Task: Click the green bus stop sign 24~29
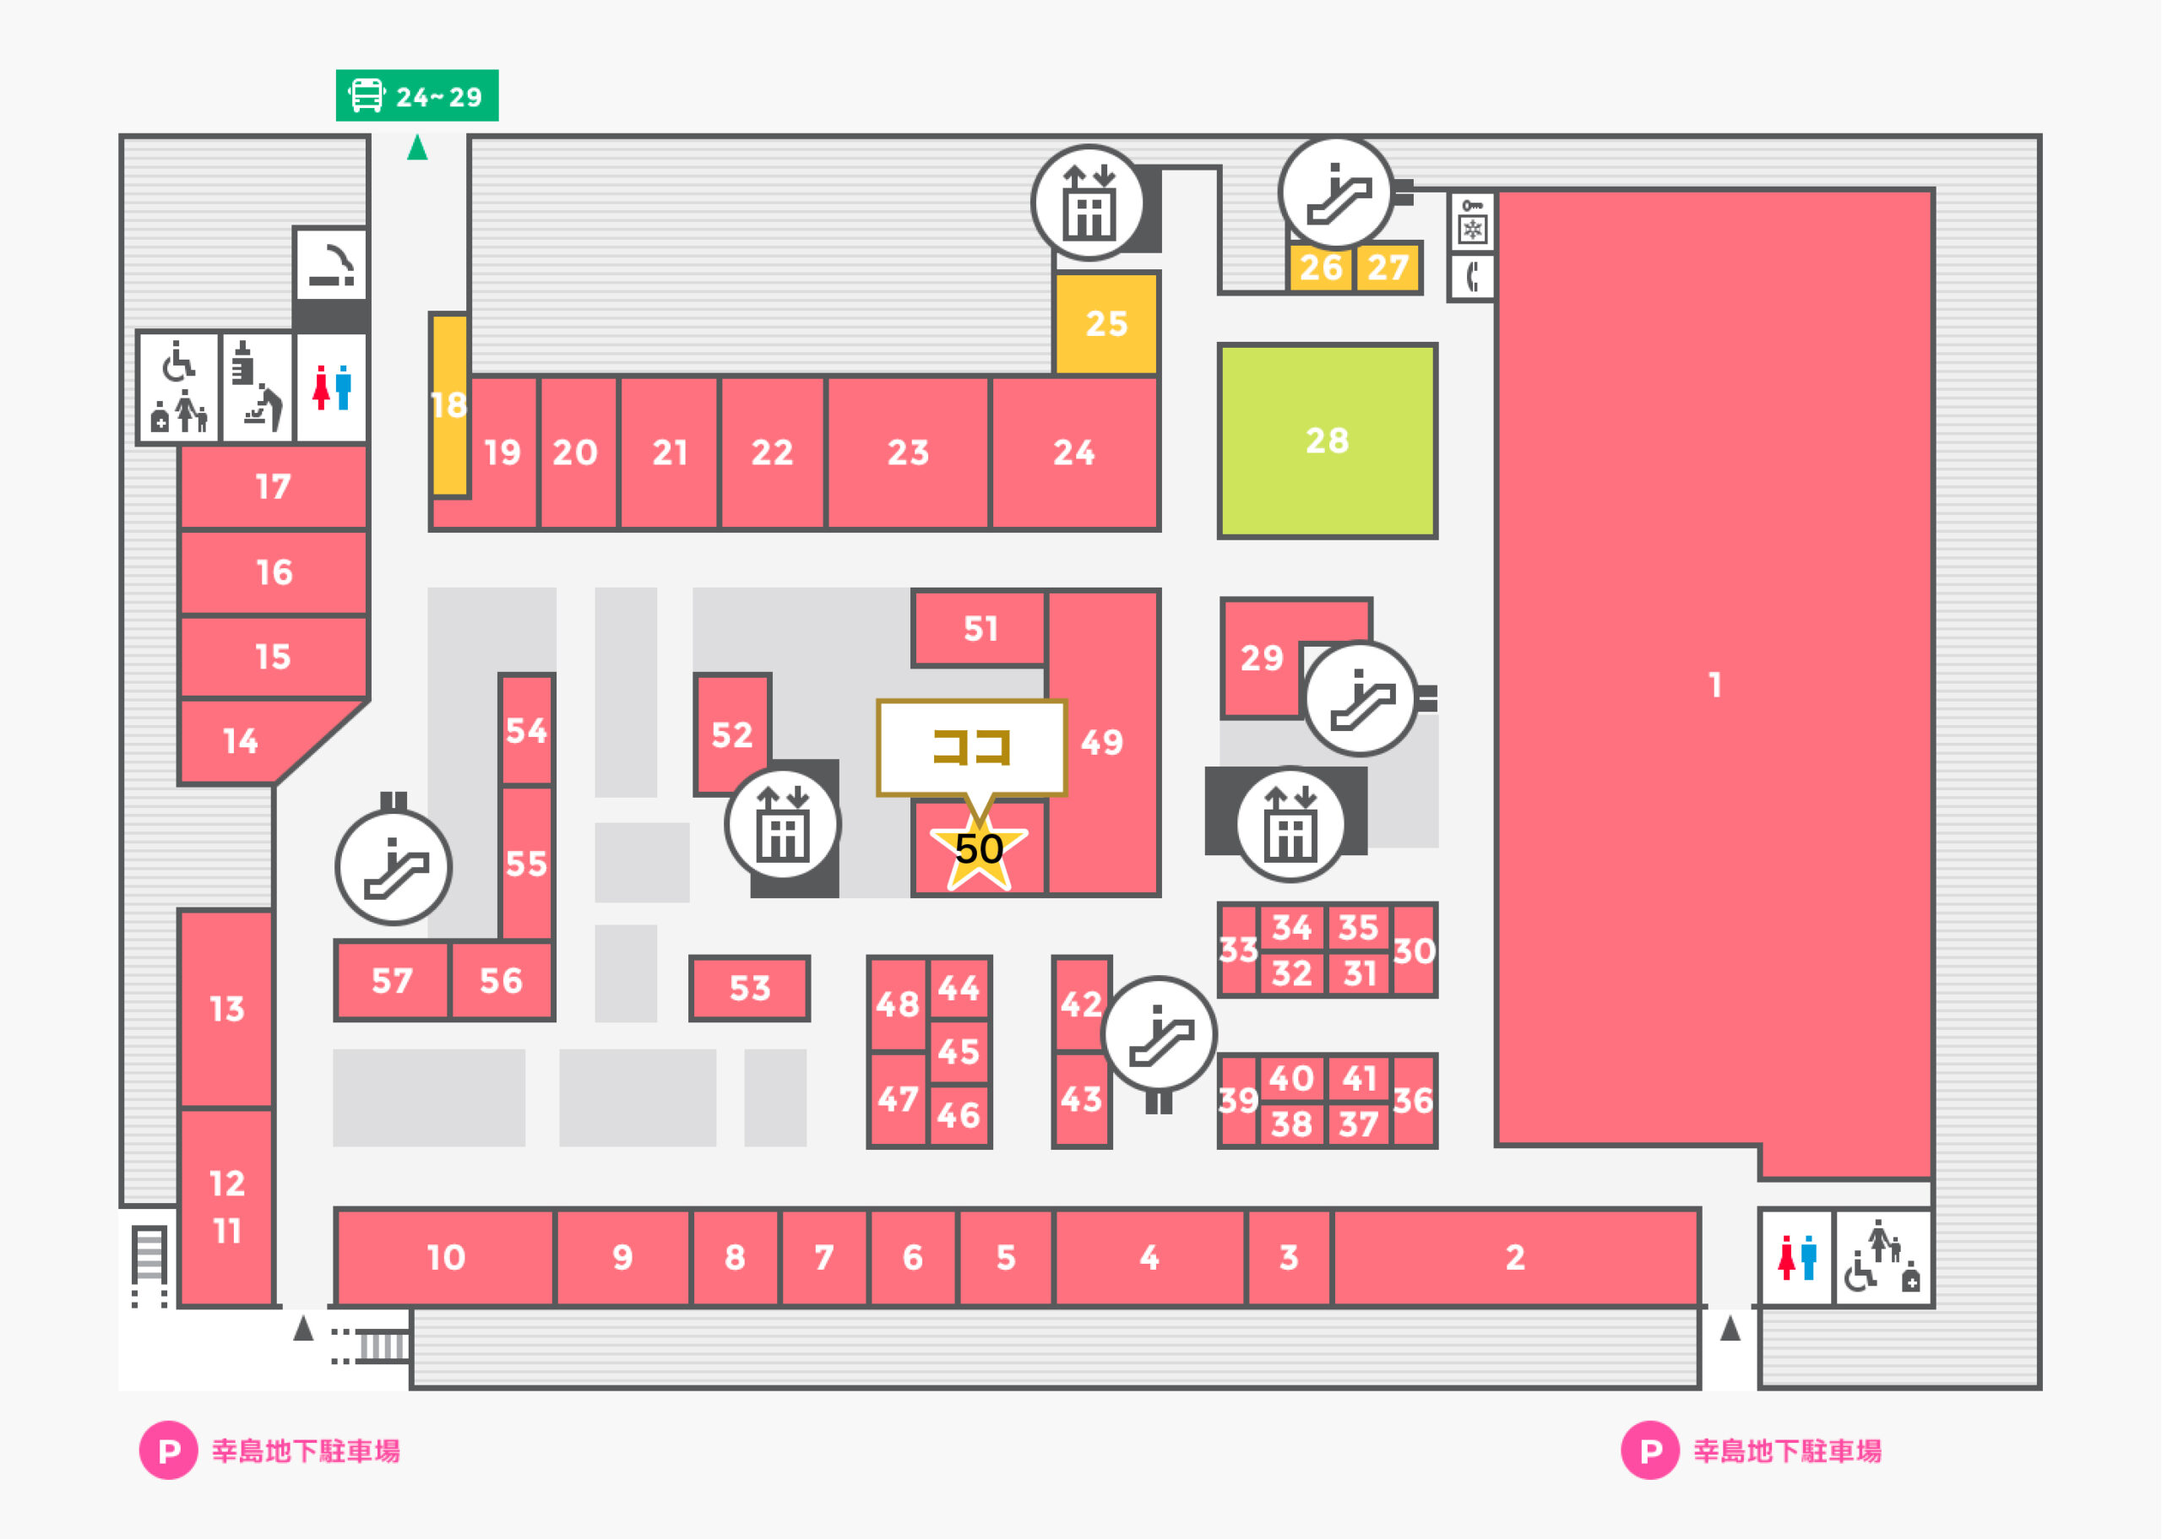click(x=417, y=95)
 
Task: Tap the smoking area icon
click(x=331, y=264)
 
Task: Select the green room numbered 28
click(x=1327, y=441)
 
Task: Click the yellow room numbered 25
click(x=1106, y=323)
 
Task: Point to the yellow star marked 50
click(x=979, y=850)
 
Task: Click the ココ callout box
click(x=971, y=749)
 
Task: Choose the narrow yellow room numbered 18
click(x=449, y=404)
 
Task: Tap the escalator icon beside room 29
click(x=1361, y=698)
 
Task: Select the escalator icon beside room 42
click(x=1160, y=1034)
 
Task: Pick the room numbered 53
click(x=750, y=989)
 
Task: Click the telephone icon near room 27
click(x=1472, y=277)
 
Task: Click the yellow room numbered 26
click(x=1320, y=268)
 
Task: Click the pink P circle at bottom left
click(x=169, y=1450)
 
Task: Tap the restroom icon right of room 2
click(x=1797, y=1258)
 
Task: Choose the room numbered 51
click(x=980, y=627)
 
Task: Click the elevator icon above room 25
click(x=1089, y=203)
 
